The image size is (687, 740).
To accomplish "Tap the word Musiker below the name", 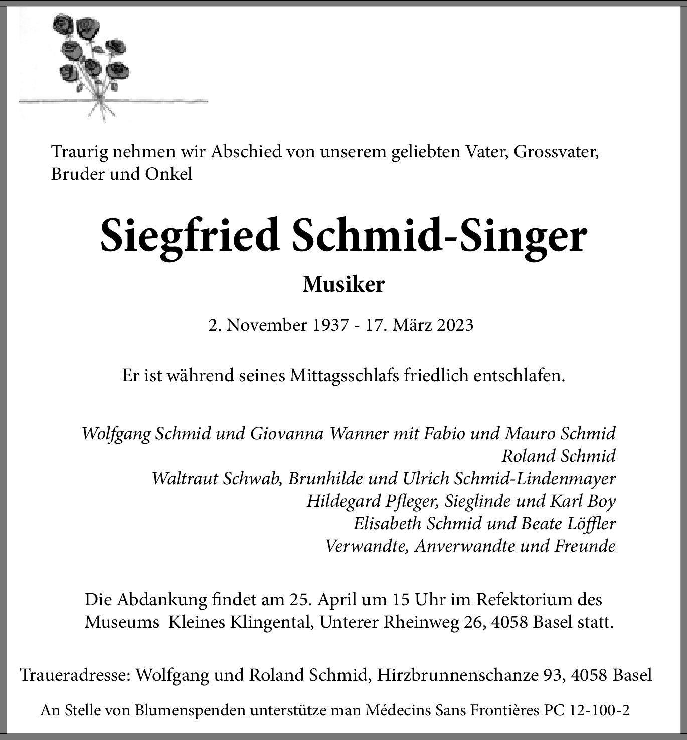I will (x=344, y=285).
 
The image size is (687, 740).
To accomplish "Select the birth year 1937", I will (x=330, y=325).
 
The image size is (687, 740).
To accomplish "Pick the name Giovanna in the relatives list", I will (x=287, y=433).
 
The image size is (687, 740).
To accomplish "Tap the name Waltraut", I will (x=185, y=478).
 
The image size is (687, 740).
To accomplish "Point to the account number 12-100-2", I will (x=599, y=710).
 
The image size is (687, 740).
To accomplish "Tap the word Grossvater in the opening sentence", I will (x=556, y=152).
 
